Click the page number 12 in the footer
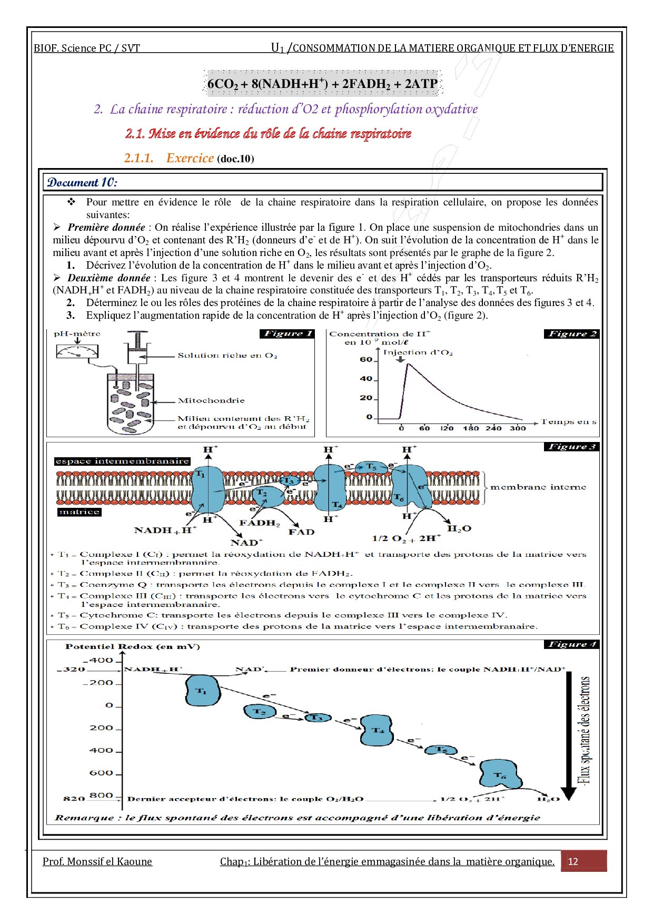[573, 862]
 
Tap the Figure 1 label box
[288, 333]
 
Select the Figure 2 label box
[571, 333]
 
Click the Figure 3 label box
[571, 447]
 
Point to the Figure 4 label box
[571, 644]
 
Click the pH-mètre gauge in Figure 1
[77, 351]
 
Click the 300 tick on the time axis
[518, 428]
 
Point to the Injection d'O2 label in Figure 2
[418, 352]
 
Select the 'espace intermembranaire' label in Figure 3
[122, 461]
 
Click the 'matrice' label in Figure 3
[79, 512]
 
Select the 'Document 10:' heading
[82, 183]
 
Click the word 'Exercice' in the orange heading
[190, 158]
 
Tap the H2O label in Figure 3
[459, 528]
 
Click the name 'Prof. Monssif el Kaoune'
[97, 862]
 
